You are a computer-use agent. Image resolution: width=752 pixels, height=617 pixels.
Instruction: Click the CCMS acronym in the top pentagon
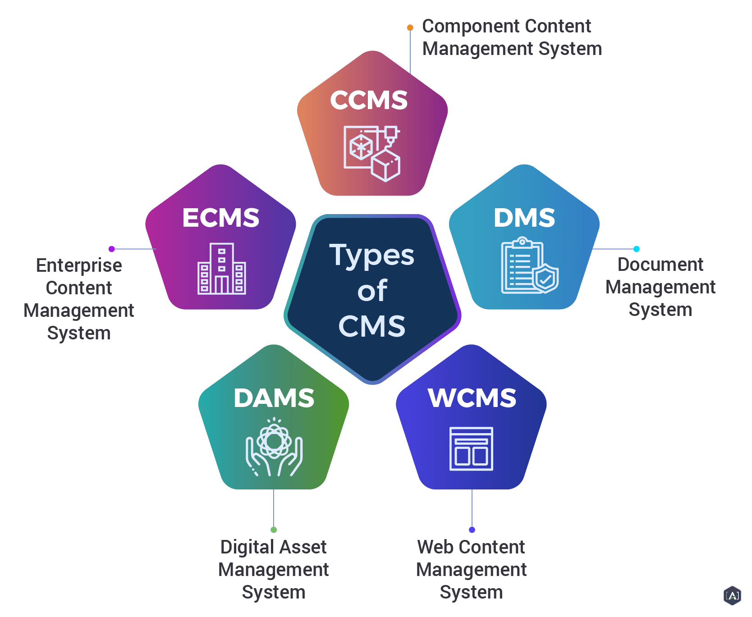[x=368, y=100]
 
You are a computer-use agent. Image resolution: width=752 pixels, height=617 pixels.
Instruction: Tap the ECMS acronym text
[x=220, y=218]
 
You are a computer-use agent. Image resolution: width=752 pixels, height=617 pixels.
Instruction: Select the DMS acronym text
[x=524, y=218]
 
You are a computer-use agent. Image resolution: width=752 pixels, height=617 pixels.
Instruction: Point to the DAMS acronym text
[x=274, y=398]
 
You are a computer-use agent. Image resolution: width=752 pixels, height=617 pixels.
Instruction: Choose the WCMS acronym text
[x=472, y=398]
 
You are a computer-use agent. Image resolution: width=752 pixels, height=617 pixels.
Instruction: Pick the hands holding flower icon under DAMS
[x=274, y=447]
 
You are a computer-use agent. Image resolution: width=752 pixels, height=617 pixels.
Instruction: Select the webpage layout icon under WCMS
[x=471, y=448]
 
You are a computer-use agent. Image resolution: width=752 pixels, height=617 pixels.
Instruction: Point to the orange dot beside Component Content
[x=410, y=27]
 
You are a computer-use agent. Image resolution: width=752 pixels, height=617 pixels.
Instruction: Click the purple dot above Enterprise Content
[x=112, y=249]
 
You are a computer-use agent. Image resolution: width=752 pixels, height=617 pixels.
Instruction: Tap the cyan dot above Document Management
[x=637, y=249]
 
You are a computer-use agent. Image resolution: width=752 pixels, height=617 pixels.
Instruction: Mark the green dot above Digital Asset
[x=274, y=530]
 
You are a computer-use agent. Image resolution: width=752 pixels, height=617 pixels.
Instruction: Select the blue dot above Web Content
[x=472, y=530]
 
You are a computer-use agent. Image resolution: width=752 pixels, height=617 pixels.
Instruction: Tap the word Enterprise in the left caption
[x=79, y=266]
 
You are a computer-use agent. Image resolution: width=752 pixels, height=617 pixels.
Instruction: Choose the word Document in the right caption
[x=660, y=265]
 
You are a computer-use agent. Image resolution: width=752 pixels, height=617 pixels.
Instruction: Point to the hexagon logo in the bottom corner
[x=732, y=595]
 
